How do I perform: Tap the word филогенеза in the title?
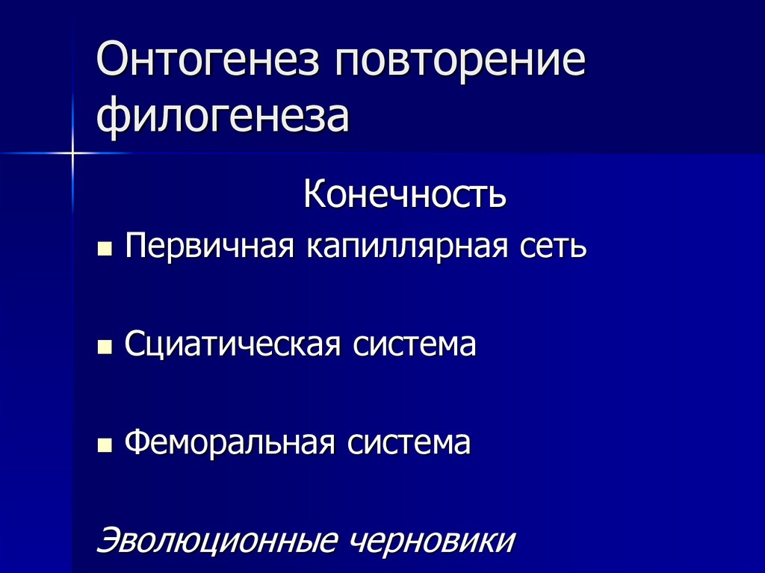[x=223, y=117]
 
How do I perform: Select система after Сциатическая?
[x=414, y=345]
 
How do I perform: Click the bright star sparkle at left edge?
[x=73, y=153]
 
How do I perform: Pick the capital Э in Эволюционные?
[x=110, y=540]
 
